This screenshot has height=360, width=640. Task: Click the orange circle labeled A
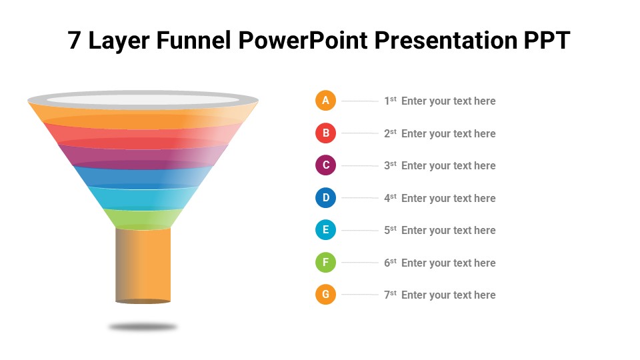point(325,101)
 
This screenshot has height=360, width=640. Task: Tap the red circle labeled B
point(325,133)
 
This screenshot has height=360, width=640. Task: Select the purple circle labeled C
point(325,165)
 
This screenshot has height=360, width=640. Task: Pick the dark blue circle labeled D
point(325,197)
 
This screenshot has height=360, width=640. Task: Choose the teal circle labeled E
point(325,230)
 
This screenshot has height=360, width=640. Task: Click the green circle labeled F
point(325,262)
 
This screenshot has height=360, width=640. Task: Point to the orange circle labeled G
point(325,294)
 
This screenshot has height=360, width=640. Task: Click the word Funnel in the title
point(194,40)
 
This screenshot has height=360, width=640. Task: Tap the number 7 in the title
point(74,40)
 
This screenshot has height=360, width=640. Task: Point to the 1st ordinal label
point(390,101)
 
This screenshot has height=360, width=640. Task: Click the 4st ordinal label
point(390,198)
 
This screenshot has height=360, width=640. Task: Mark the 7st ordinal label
point(390,295)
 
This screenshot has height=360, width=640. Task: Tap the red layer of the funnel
point(143,136)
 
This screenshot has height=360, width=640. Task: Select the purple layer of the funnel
point(143,157)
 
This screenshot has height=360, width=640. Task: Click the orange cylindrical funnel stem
point(143,266)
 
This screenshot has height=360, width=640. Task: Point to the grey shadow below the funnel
point(143,327)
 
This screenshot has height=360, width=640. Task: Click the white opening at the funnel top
point(143,100)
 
